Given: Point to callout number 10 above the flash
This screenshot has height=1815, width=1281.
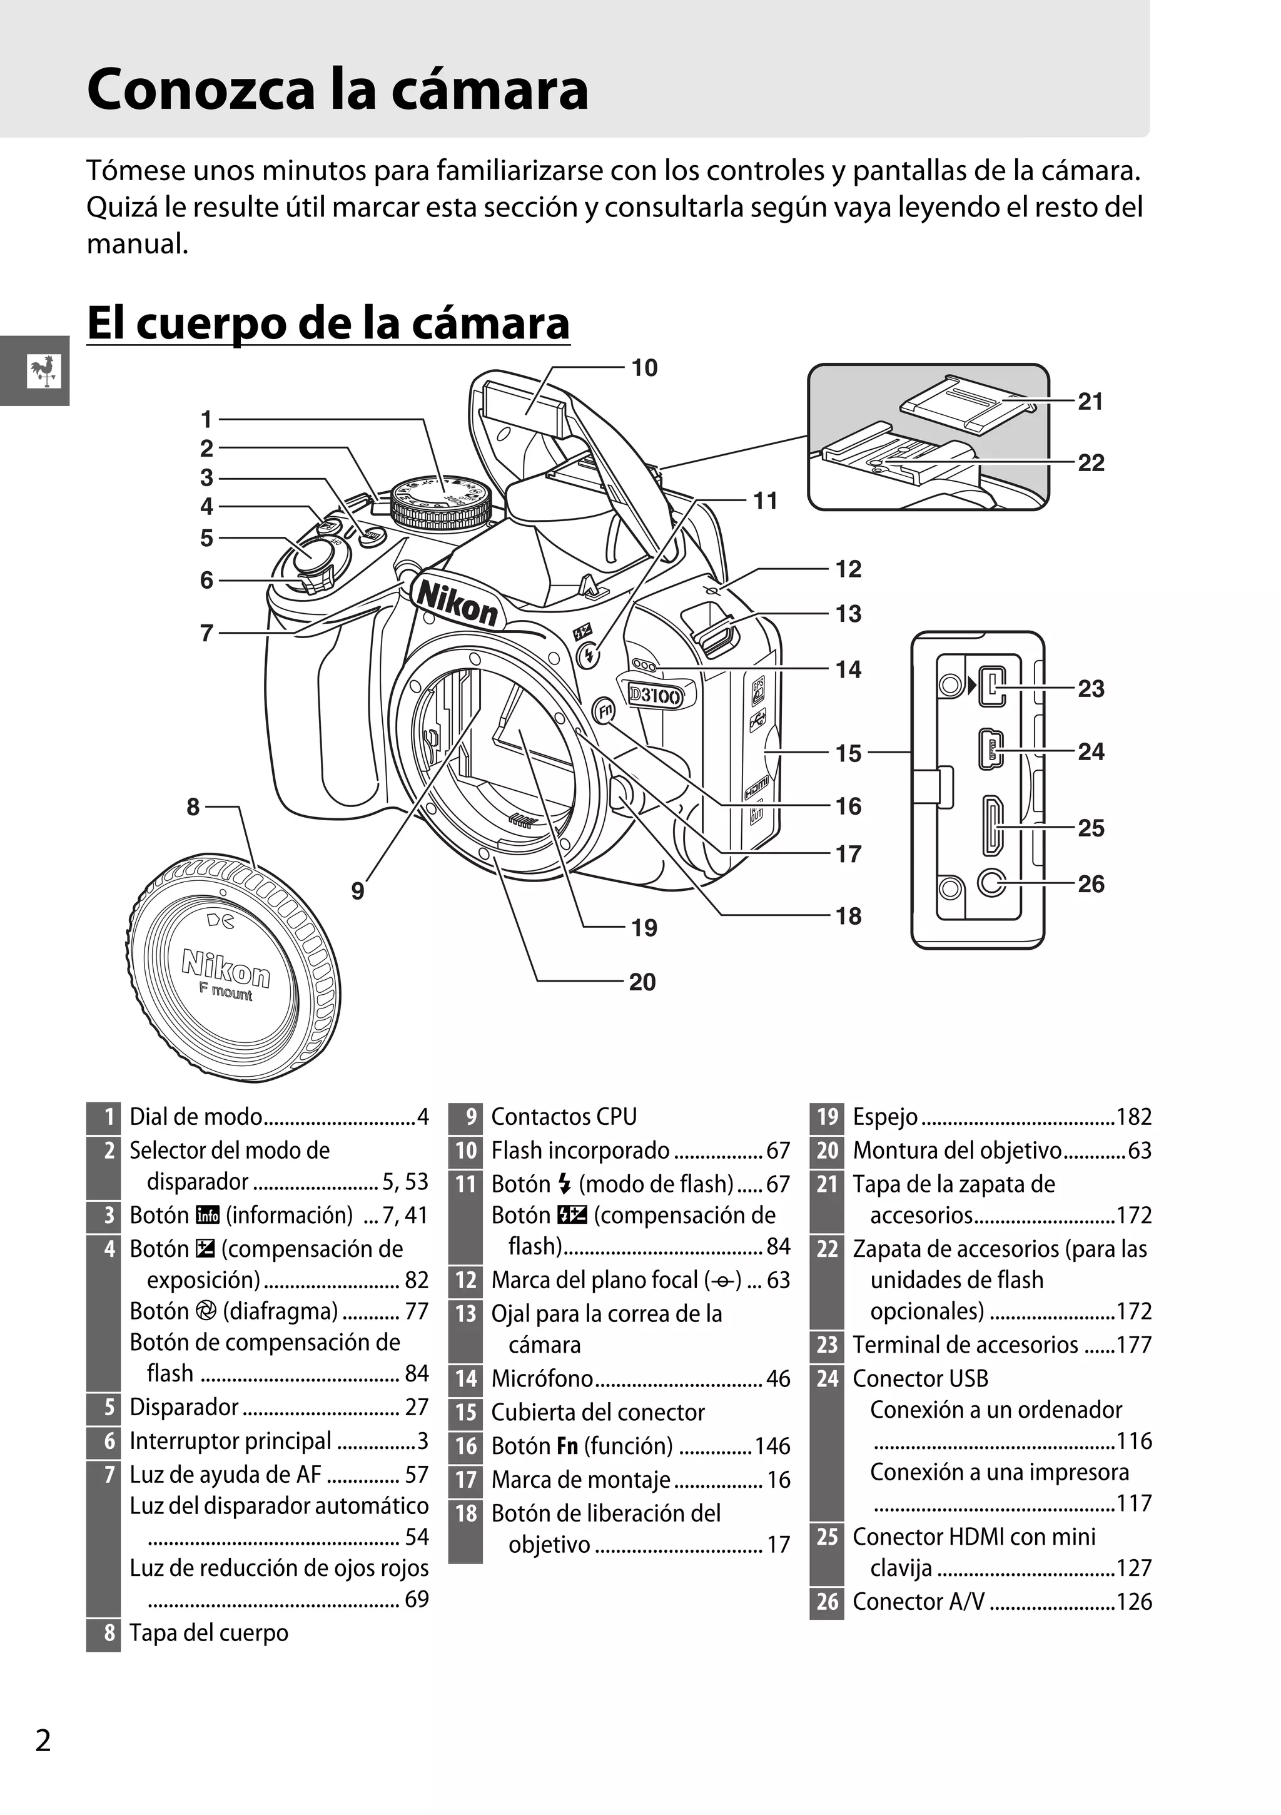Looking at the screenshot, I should coord(644,369).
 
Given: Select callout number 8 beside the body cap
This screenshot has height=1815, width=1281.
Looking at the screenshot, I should coord(193,807).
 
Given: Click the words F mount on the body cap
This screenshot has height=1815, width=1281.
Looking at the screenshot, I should coord(226,991).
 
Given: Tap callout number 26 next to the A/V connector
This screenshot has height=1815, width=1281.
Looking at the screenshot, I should coord(1091,884).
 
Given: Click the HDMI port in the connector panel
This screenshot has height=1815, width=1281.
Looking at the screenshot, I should coord(992,826).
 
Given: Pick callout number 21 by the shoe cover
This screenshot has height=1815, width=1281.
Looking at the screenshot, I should coord(1091,402).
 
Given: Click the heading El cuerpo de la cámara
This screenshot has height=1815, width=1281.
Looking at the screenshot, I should coord(328,323).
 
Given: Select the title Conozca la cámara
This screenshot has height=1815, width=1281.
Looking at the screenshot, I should coord(337,89).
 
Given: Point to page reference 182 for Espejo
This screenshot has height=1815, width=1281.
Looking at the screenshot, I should coord(1133,1117).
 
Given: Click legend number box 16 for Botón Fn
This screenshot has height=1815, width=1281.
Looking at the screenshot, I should coord(465,1446).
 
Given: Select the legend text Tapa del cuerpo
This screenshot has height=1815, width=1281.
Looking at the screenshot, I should coord(209,1633).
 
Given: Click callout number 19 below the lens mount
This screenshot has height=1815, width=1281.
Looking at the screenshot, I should coord(644,928).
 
